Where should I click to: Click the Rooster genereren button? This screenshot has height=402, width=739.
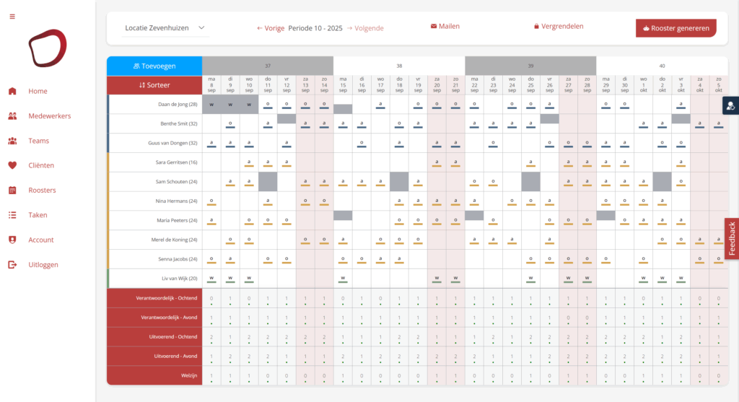coord(675,28)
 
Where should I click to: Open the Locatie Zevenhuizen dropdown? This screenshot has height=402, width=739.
coord(165,28)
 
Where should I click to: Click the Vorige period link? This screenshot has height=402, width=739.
coord(271,28)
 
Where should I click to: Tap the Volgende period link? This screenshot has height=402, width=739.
coord(365,28)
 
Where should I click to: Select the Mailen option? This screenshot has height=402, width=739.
coord(445,26)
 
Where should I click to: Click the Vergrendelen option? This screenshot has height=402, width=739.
coord(559,26)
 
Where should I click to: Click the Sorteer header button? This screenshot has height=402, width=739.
coord(154,85)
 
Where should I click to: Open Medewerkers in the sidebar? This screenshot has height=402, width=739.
coord(51,115)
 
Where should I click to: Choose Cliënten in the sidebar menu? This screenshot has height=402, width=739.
coord(41,165)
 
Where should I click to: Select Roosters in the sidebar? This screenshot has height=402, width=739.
coord(42,191)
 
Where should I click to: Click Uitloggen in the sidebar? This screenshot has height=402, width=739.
coord(43,265)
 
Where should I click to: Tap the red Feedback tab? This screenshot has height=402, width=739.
coord(731,239)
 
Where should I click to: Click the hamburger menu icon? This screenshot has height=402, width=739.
coord(12,17)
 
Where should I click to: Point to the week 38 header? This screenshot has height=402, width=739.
coord(399,65)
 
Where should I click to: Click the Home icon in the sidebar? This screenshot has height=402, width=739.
coord(12,91)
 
